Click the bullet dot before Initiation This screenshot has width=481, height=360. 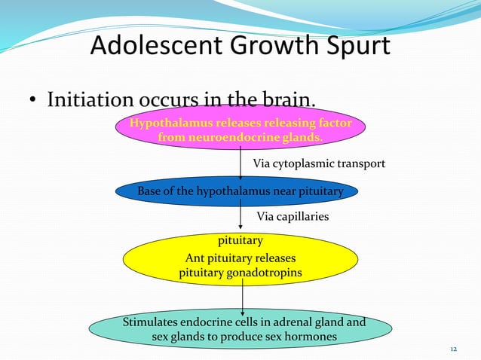(x=34, y=101)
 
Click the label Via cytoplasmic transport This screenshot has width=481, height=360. (x=318, y=163)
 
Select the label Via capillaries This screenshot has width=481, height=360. (x=293, y=217)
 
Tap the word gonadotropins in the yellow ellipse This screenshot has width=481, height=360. (x=264, y=273)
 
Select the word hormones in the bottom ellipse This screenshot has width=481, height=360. (x=308, y=337)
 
